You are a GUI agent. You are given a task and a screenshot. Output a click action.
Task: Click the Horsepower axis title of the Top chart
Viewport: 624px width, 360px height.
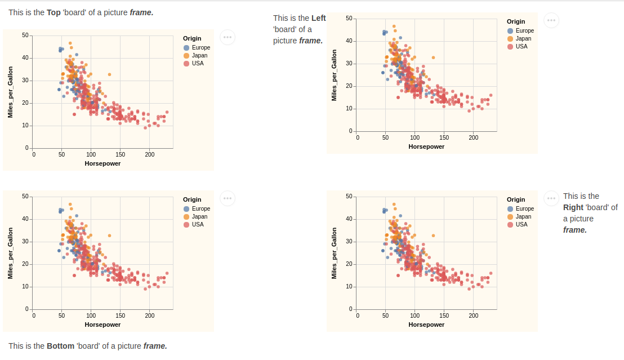(102, 163)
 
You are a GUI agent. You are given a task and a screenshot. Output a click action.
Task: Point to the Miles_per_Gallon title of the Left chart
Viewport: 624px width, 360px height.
(334, 75)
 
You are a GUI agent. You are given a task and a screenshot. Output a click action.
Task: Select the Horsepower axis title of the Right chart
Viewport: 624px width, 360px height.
(426, 325)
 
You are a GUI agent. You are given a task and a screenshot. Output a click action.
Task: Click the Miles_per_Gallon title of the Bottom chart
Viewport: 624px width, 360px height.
(10, 253)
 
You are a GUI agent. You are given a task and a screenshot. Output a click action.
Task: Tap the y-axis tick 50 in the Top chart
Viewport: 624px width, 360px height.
(25, 35)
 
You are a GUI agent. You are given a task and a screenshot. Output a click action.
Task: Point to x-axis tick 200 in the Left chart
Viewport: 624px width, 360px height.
(474, 137)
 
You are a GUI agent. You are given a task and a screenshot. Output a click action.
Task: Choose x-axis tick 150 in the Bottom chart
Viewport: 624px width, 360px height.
(121, 315)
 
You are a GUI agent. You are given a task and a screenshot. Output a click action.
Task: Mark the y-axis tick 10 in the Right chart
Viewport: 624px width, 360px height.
(349, 287)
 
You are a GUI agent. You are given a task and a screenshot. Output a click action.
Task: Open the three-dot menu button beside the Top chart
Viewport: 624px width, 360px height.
(228, 38)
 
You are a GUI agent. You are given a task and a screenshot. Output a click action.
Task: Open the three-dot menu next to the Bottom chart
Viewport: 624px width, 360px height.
(228, 198)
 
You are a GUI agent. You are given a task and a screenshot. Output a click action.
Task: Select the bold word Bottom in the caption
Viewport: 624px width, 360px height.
(60, 346)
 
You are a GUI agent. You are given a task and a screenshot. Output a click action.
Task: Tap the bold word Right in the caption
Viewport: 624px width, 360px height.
(573, 207)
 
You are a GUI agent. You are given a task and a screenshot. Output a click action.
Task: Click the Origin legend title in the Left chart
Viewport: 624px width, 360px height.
(516, 22)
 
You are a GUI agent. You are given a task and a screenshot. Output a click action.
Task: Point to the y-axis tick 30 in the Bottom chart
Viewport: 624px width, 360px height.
(25, 242)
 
